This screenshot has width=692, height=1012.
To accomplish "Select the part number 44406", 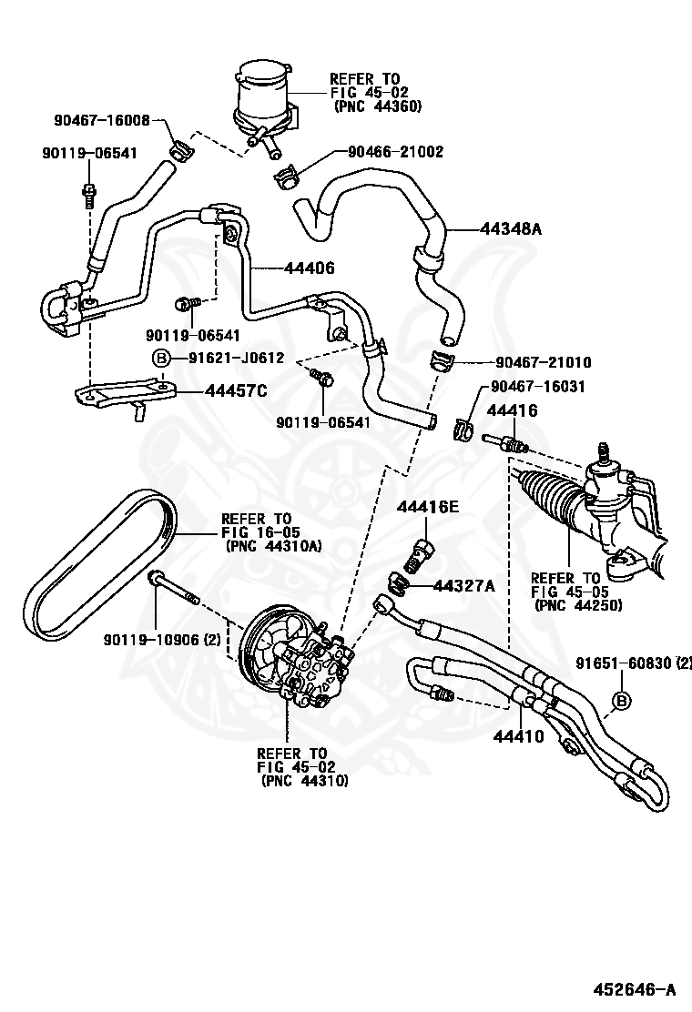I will coord(309,268).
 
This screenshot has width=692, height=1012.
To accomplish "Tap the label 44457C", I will coord(235,391).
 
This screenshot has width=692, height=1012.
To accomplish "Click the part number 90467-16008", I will coord(101,119).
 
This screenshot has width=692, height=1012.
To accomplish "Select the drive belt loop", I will coord(99,564).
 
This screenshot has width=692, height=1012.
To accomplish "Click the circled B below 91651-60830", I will coord(622,700).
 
